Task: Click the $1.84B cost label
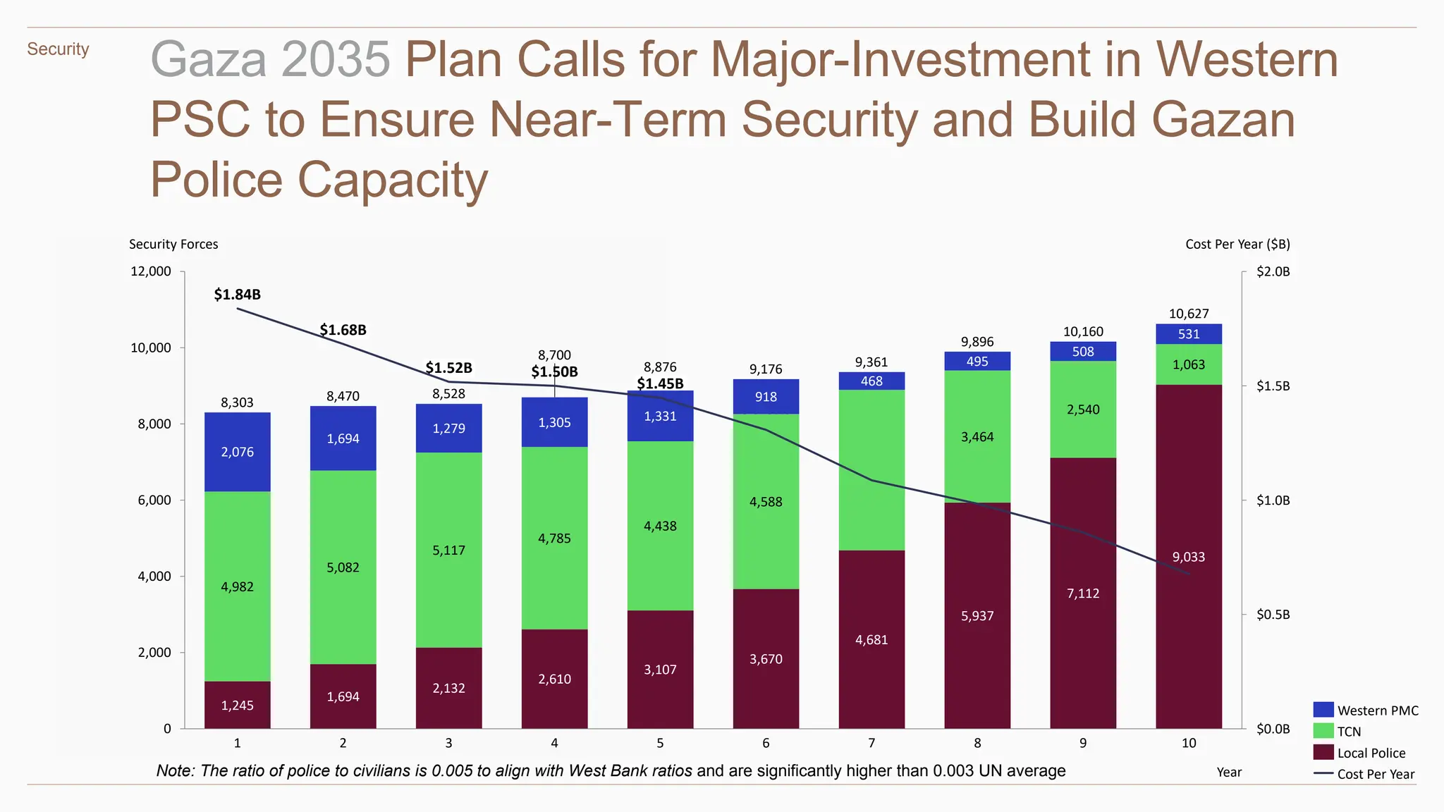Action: (x=237, y=295)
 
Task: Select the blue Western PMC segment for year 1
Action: (x=237, y=452)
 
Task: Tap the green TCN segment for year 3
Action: (x=448, y=550)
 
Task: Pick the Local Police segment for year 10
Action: (x=1189, y=556)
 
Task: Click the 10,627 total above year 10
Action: (x=1189, y=314)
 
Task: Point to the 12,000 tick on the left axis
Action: (x=150, y=271)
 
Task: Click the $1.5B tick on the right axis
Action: (x=1273, y=386)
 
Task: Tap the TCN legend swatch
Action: (x=1323, y=731)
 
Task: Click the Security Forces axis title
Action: (x=173, y=245)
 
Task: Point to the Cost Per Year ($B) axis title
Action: (x=1237, y=245)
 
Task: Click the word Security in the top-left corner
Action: (x=58, y=49)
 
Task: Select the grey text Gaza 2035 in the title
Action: (x=270, y=59)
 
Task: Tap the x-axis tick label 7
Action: (x=871, y=743)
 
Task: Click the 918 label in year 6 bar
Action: (x=766, y=397)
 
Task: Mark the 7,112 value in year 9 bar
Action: (x=1083, y=593)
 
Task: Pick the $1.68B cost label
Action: (x=343, y=330)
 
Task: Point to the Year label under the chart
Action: (x=1229, y=773)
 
